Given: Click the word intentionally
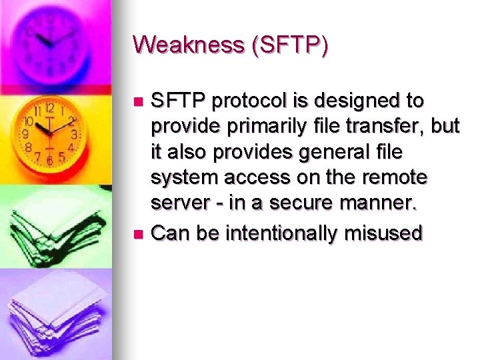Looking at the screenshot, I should click(x=283, y=233).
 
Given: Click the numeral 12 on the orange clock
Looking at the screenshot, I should click(x=49, y=108).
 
